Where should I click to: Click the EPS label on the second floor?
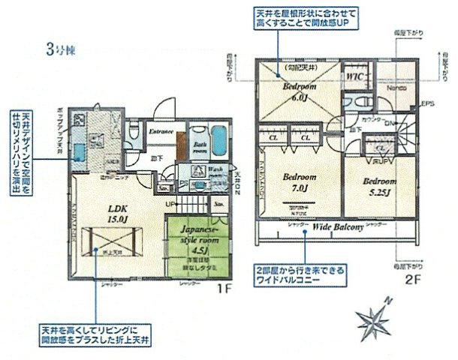click(429, 103)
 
